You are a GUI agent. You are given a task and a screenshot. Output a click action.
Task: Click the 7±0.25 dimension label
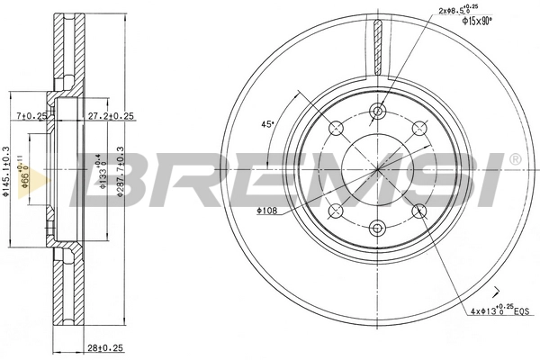pyautogui.click(x=32, y=116)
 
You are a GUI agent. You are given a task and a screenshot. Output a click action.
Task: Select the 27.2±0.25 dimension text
pyautogui.click(x=112, y=116)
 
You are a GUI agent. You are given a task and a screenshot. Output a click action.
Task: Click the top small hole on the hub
pyautogui.click(x=378, y=112)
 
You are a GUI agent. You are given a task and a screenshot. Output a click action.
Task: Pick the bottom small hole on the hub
pyautogui.click(x=378, y=227)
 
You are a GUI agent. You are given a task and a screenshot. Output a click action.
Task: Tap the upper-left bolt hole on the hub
pyautogui.click(x=337, y=128)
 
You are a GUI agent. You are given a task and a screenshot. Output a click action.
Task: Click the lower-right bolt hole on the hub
pyautogui.click(x=419, y=211)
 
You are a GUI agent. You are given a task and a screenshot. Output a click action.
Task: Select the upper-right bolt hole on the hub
pyautogui.click(x=419, y=128)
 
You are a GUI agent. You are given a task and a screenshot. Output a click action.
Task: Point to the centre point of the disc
pyautogui.click(x=378, y=169)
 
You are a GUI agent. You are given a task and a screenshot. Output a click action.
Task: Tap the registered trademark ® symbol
pyautogui.click(x=514, y=159)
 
